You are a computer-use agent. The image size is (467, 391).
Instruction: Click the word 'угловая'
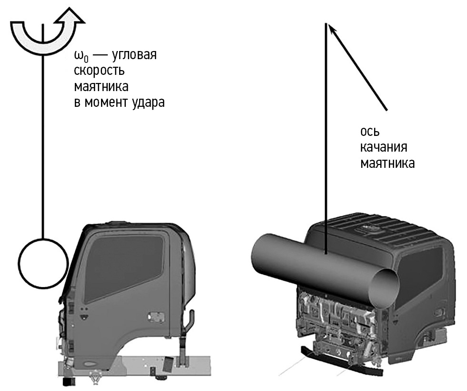[x=134, y=55]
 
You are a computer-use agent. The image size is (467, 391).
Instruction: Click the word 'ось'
[x=370, y=132]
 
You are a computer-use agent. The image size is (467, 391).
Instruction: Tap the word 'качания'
[x=384, y=147]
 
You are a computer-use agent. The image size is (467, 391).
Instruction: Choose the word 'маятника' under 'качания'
[x=387, y=164]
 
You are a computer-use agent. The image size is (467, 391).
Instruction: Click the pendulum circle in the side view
[x=43, y=263]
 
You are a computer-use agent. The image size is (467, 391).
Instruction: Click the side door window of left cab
[x=123, y=265]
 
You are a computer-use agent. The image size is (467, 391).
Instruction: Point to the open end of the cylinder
[x=386, y=288]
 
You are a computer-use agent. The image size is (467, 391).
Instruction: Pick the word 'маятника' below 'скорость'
[x=101, y=87]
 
